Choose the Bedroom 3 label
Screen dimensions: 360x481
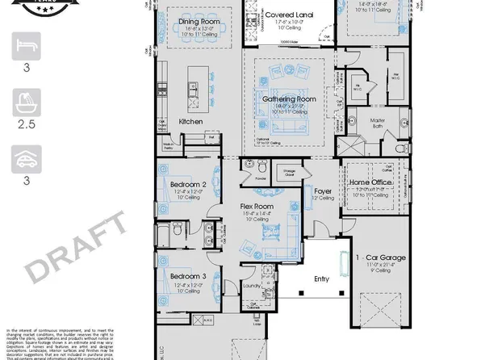click(188, 277)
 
